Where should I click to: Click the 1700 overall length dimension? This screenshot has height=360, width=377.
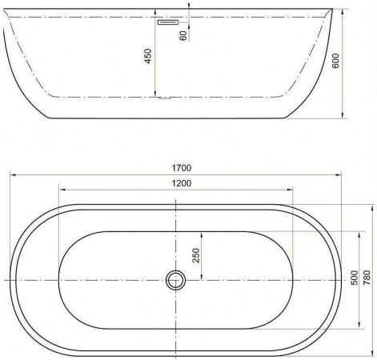tap(182, 168)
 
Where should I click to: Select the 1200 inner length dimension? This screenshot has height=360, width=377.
tap(182, 183)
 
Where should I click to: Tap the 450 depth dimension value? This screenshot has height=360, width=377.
tap(148, 56)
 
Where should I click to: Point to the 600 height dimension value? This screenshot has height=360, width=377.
tap(336, 61)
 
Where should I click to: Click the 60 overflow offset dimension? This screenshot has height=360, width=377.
tap(183, 35)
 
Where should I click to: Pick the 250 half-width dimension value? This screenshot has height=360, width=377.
tap(196, 255)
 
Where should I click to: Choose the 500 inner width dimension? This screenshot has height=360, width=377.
tap(354, 278)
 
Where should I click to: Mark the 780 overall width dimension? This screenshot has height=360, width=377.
tap(367, 278)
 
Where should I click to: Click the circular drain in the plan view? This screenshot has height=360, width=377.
tap(175, 280)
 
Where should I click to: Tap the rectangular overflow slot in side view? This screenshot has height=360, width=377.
tap(168, 22)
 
